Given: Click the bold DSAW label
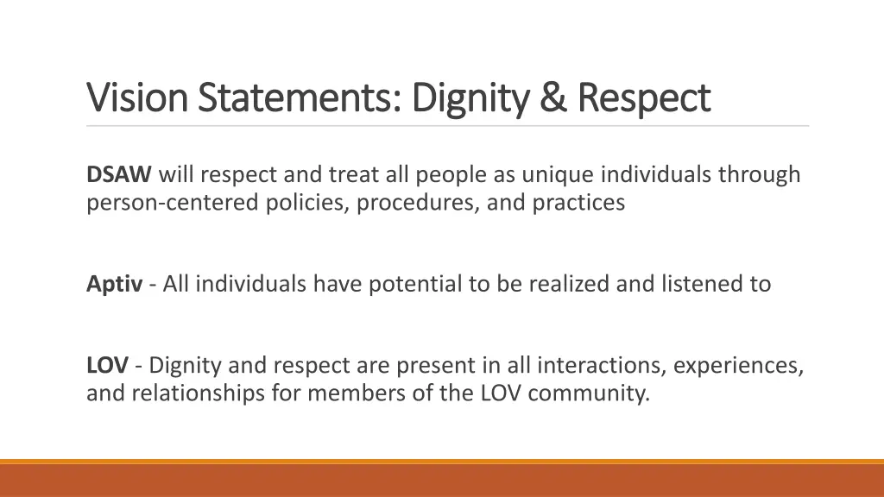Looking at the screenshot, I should tap(119, 175).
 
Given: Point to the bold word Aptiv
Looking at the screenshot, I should tap(114, 284).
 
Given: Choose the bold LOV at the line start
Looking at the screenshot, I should tap(108, 366).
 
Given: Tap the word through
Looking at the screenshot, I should tap(759, 175).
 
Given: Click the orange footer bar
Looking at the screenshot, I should tap(442, 479).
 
